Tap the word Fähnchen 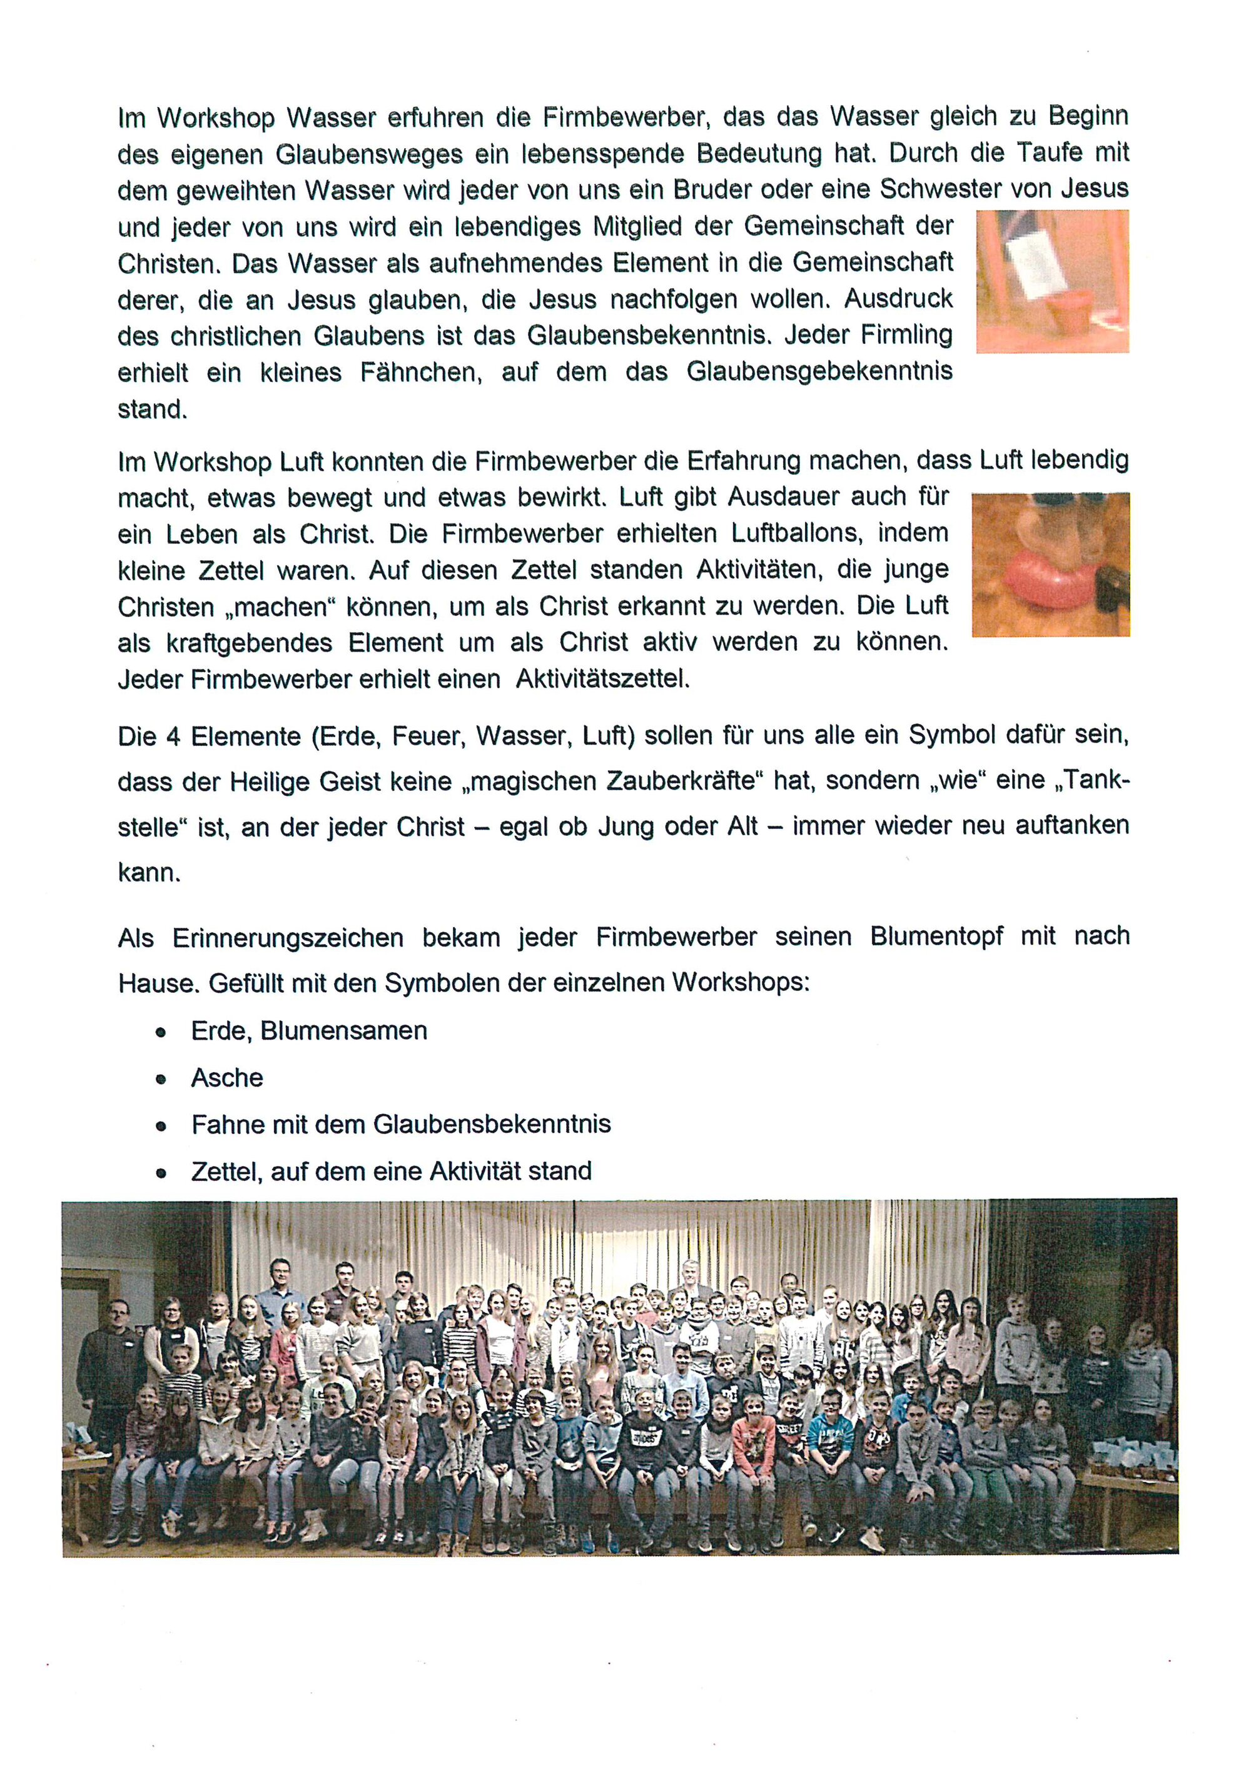pos(420,373)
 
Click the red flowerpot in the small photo pos(1068,312)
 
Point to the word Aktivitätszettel pos(602,679)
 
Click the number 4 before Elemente pos(173,736)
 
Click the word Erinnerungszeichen pos(288,938)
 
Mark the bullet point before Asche pos(161,1080)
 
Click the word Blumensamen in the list pos(343,1031)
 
